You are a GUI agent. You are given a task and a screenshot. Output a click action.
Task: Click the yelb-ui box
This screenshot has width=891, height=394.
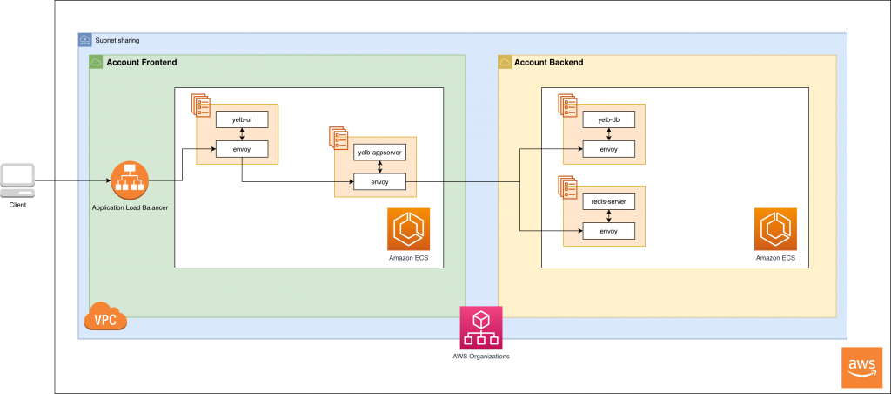(242, 119)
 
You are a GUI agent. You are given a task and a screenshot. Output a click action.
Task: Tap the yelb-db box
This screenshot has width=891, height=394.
(608, 119)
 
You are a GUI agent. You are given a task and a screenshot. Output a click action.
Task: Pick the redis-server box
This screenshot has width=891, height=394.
(608, 201)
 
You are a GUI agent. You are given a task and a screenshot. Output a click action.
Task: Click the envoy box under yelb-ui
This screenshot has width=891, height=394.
(242, 149)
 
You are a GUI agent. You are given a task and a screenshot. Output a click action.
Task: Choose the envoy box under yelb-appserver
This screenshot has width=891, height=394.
(379, 182)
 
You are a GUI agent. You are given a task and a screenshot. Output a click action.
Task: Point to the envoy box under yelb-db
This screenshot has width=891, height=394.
(608, 149)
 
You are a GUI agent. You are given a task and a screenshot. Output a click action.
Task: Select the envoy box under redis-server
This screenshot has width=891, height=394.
(608, 231)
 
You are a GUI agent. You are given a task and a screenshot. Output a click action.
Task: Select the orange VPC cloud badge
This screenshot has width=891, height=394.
(105, 317)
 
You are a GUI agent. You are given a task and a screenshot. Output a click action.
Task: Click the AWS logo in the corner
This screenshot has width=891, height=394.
(862, 367)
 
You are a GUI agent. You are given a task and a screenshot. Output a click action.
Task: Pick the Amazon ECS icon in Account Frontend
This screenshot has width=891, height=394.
(408, 230)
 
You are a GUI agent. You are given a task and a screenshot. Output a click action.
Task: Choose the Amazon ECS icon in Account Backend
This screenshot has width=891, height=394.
(775, 230)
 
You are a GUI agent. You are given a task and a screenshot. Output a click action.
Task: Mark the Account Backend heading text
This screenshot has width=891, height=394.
(548, 63)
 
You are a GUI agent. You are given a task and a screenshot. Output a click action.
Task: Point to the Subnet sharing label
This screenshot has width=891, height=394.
(117, 40)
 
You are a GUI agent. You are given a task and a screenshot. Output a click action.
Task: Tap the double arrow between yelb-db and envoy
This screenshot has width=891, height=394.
(608, 134)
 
